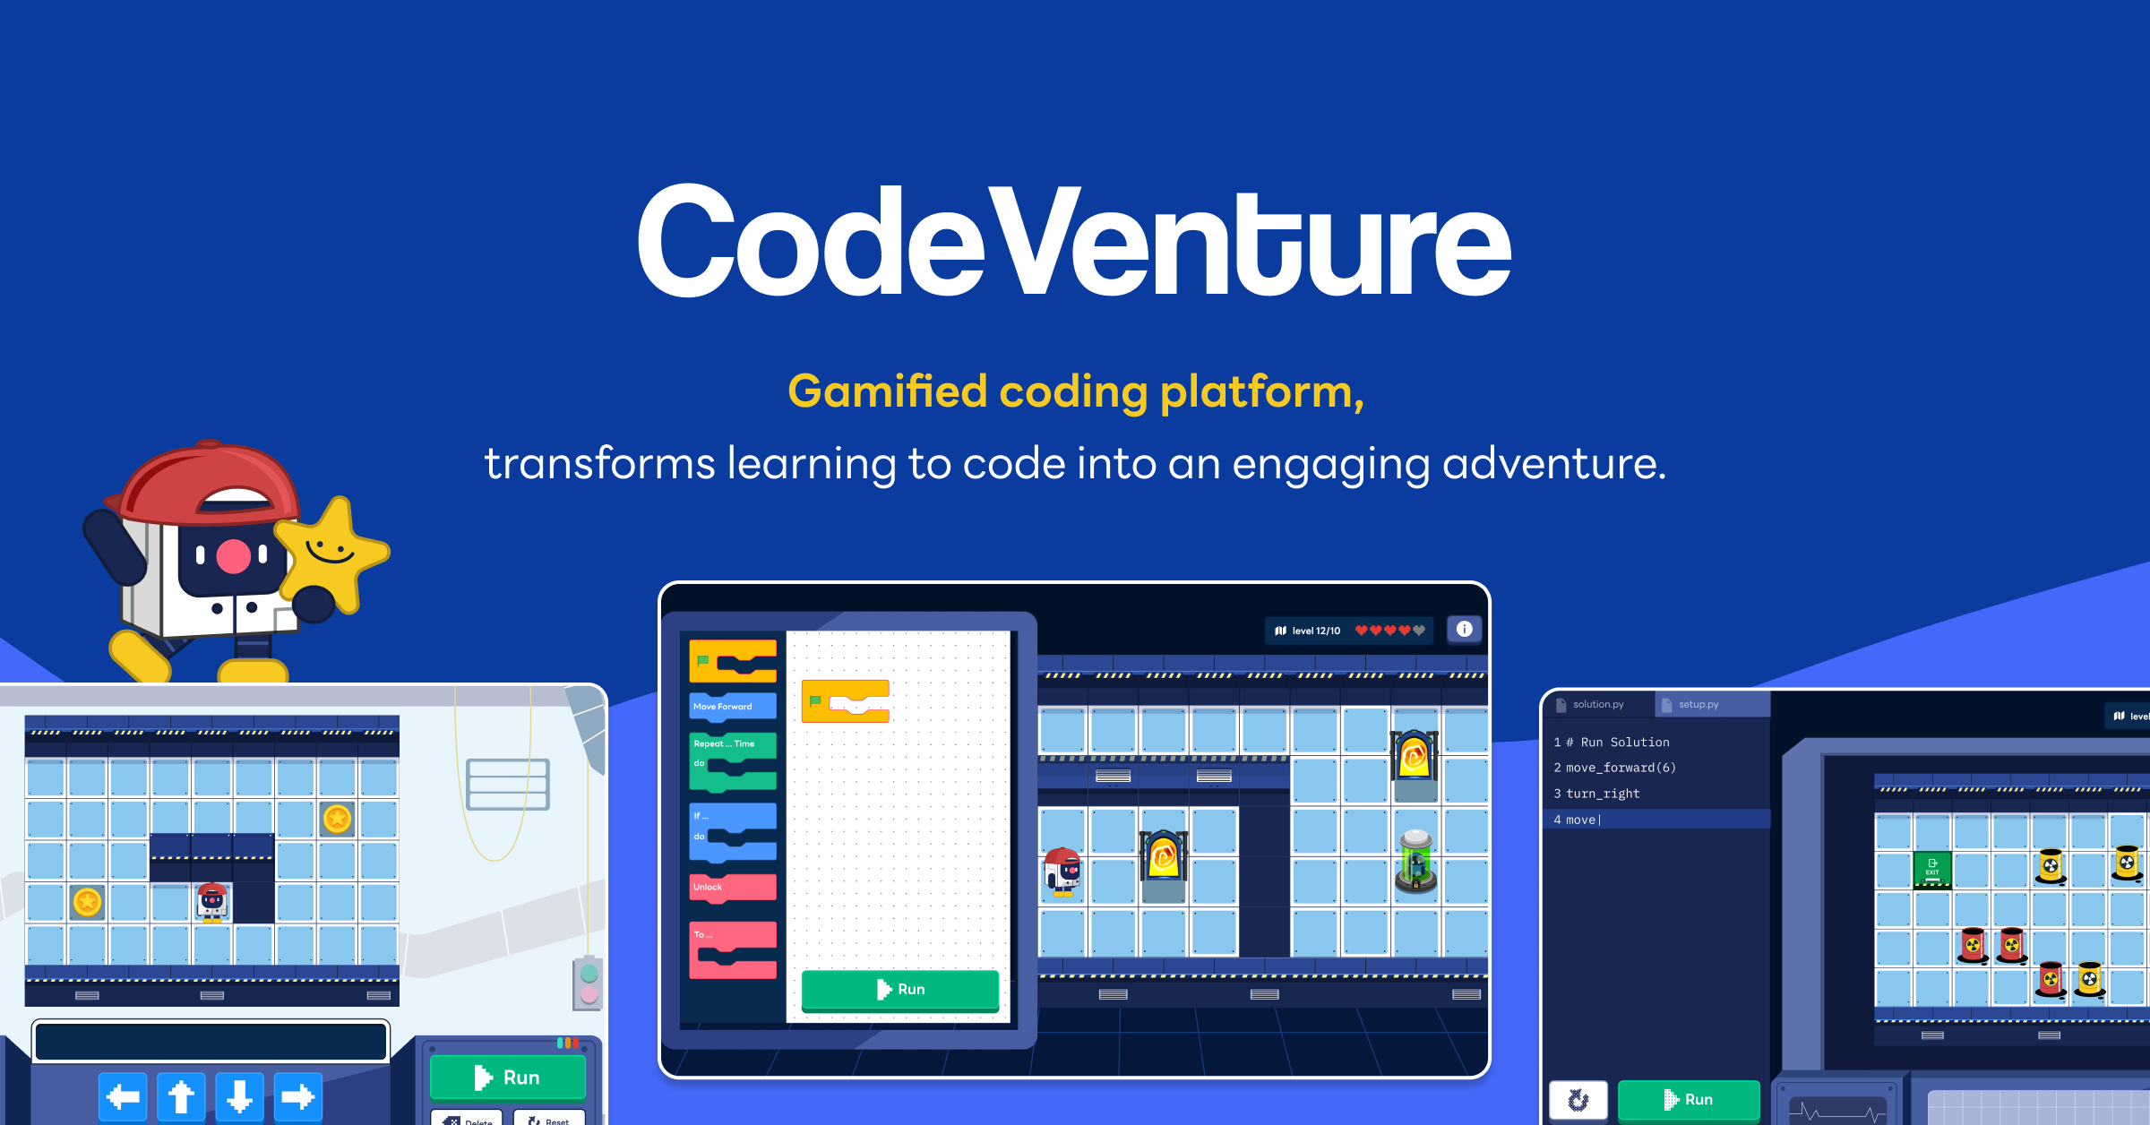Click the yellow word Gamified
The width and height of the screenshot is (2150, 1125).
[887, 392]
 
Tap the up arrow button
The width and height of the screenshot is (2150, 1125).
[181, 1096]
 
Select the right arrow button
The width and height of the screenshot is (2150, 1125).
[297, 1096]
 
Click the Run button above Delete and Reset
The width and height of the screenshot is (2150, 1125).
[507, 1077]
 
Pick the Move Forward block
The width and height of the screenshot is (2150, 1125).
[732, 706]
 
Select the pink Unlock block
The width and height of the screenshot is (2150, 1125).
[732, 887]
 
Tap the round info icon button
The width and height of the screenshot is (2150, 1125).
[1464, 630]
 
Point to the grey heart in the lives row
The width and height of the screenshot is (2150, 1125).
[1419, 631]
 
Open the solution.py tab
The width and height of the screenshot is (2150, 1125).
[1596, 704]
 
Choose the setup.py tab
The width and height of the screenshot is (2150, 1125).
[1698, 704]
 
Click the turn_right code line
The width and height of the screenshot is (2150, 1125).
[1603, 794]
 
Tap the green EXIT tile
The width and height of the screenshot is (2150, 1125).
[1932, 868]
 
